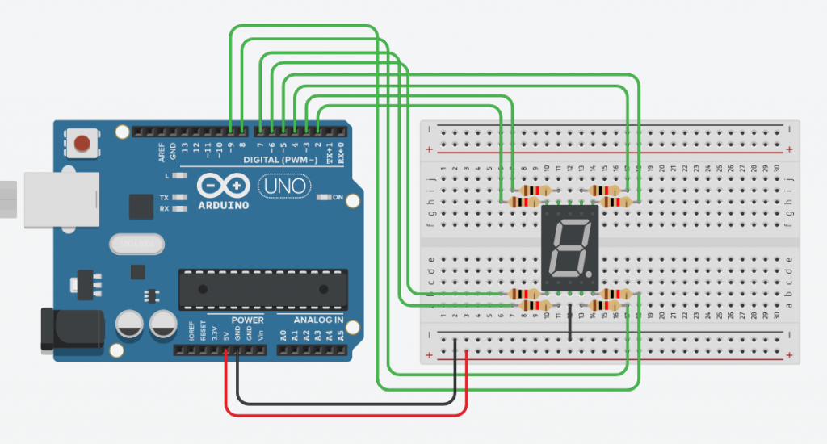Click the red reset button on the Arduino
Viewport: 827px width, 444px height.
(x=82, y=145)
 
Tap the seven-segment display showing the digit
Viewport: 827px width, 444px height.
(x=569, y=248)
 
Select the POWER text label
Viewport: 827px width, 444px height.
(x=247, y=320)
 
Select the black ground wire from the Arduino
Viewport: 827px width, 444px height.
(x=339, y=402)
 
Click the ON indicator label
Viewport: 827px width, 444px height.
(x=337, y=197)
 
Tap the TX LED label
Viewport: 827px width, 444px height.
(x=164, y=197)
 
